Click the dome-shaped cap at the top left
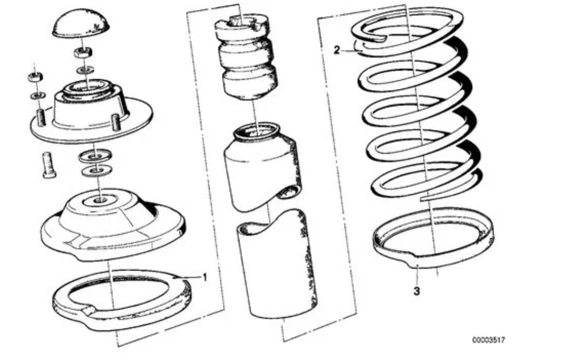coord(81,23)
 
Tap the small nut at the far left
coord(36,76)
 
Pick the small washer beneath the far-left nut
coord(37,95)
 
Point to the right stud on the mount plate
coord(115,123)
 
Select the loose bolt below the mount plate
coord(48,165)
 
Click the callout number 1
coord(205,277)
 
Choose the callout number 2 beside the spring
coord(336,50)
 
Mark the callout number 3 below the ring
coord(417,291)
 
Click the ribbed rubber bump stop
coord(246,57)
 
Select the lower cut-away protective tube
coord(276,264)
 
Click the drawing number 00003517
coord(489,340)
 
